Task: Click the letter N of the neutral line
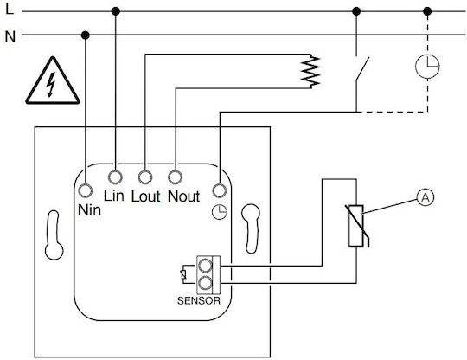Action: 10,36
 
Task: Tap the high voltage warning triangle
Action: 53,81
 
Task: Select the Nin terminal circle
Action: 85,190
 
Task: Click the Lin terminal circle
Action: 115,177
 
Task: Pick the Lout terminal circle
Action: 145,177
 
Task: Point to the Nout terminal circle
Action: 175,177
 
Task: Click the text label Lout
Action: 145,196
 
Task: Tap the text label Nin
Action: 89,210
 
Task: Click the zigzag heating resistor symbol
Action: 310,72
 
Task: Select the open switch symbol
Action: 361,68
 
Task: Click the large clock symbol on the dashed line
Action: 427,67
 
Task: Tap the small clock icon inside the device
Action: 220,212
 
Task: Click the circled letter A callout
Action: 425,197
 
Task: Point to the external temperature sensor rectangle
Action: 355,226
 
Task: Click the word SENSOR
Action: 199,300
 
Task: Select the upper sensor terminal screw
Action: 205,265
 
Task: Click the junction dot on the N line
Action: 85,35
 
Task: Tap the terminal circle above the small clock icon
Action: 220,190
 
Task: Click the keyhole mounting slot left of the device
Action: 54,235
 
